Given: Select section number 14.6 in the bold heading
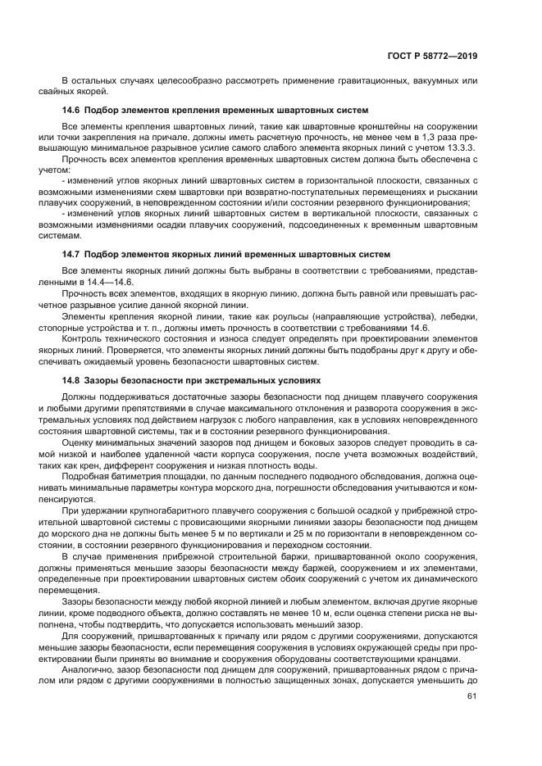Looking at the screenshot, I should click(71, 110).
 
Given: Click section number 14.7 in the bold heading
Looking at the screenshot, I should click(71, 255).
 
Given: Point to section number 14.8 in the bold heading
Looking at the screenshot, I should click(71, 381).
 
